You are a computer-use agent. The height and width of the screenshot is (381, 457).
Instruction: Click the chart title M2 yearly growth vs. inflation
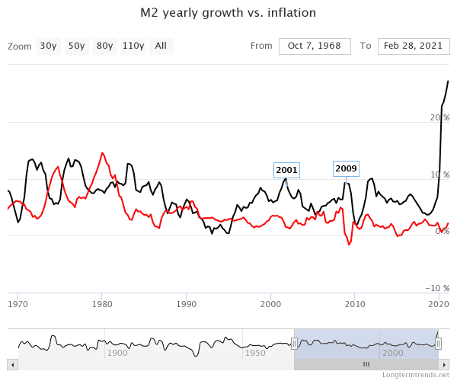click(x=228, y=13)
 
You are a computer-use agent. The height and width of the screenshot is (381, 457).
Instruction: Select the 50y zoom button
click(x=76, y=46)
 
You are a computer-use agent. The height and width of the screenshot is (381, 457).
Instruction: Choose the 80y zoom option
click(x=104, y=46)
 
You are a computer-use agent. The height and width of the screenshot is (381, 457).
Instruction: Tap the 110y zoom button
click(x=133, y=46)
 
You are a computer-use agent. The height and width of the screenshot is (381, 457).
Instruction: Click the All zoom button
click(x=161, y=46)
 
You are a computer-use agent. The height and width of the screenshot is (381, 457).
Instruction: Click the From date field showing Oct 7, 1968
click(x=315, y=46)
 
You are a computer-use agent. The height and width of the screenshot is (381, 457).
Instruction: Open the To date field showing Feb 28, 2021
click(x=414, y=46)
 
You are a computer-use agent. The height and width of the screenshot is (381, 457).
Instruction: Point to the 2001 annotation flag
click(x=286, y=170)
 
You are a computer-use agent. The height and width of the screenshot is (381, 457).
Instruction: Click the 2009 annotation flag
click(x=346, y=168)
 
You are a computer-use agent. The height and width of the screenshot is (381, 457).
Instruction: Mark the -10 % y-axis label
click(x=438, y=288)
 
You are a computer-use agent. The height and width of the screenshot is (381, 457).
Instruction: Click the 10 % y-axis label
click(x=441, y=174)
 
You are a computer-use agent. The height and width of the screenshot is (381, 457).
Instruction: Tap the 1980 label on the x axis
click(x=102, y=303)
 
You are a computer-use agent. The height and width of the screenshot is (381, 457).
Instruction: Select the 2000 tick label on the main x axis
click(x=271, y=303)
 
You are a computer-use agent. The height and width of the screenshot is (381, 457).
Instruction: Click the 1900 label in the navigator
click(x=117, y=353)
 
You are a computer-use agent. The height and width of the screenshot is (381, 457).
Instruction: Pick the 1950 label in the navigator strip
click(x=255, y=353)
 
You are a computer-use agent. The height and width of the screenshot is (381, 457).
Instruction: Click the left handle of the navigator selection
click(x=294, y=344)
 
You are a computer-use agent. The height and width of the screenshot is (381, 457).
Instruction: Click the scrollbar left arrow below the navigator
click(x=11, y=364)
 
